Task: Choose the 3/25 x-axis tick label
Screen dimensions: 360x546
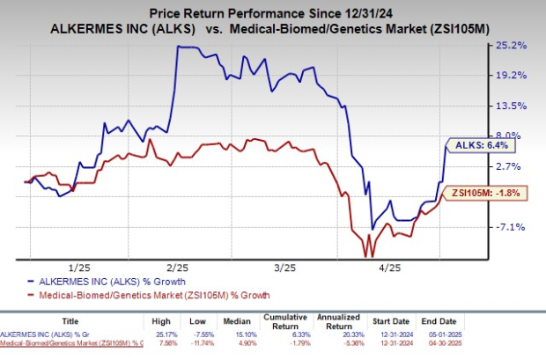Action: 283,265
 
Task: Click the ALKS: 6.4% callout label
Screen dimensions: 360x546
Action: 479,145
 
